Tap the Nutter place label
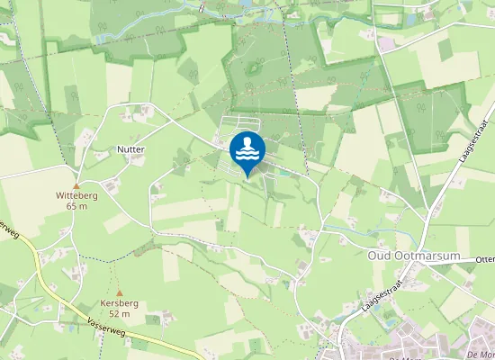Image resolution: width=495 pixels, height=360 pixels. click(130, 148)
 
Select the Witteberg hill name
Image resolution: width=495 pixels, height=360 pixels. click(77, 194)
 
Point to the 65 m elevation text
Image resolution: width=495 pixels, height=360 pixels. click(77, 206)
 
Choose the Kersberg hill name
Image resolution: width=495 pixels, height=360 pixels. click(120, 303)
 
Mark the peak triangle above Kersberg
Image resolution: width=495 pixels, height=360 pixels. click(120, 292)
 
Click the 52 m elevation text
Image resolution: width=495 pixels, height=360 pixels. click(120, 314)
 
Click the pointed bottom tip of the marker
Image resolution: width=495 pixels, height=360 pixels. click(247, 176)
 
